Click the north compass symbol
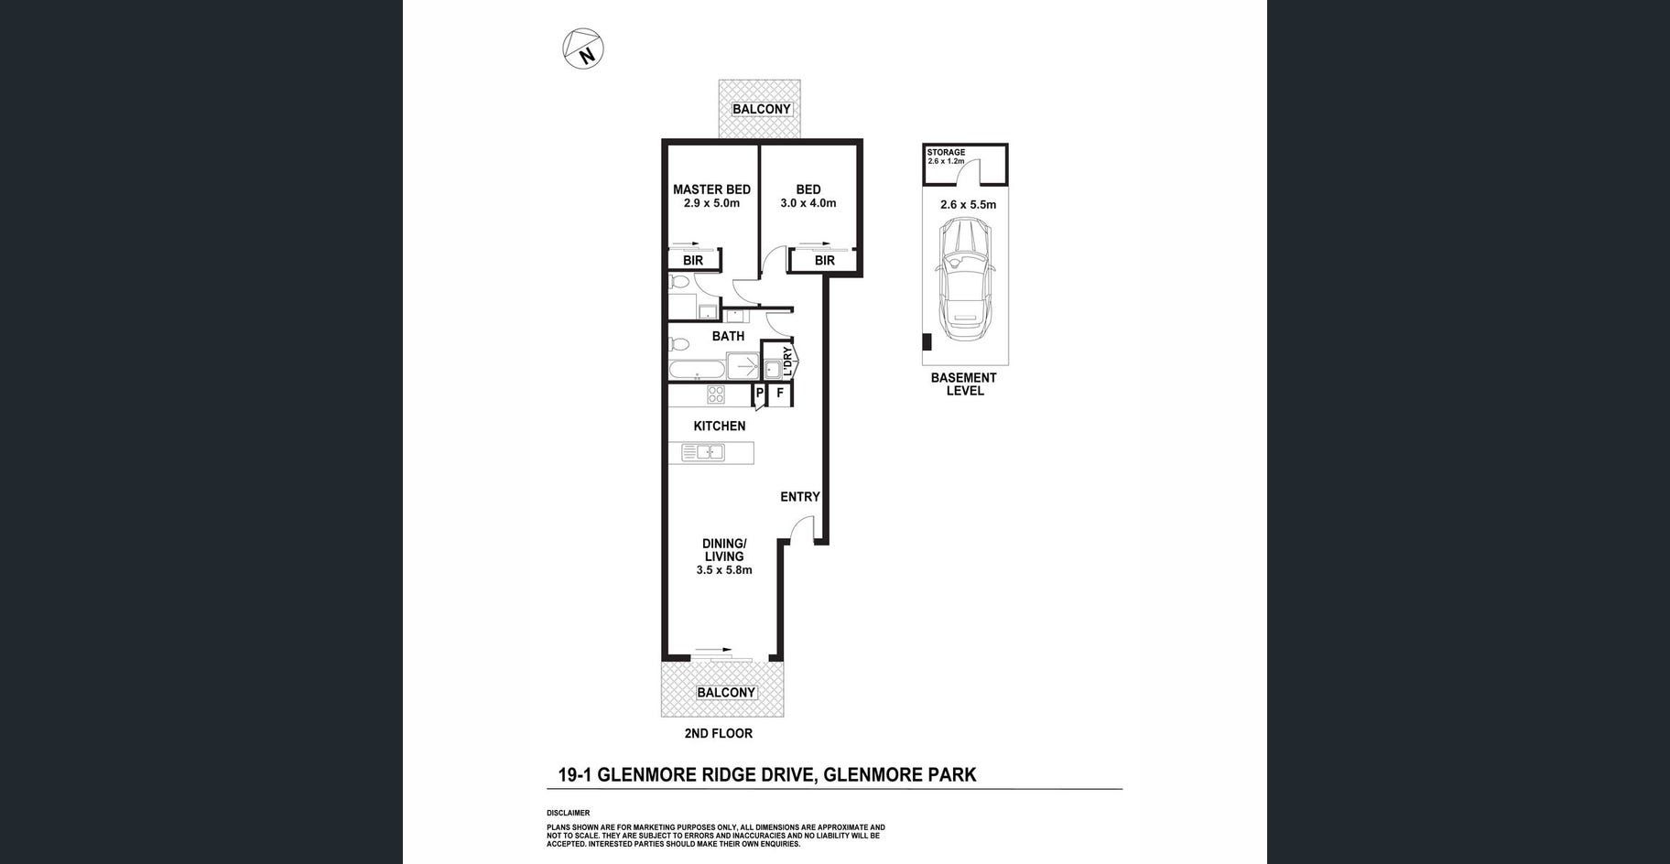coord(583,49)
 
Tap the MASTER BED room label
coord(711,189)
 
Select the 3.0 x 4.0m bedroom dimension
coord(808,203)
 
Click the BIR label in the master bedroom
coord(693,261)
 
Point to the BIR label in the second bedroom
coord(824,261)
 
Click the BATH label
coord(728,336)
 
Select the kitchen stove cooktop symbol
coord(716,394)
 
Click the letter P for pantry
coord(759,394)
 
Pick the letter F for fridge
coord(780,394)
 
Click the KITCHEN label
coord(719,426)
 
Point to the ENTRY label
coord(799,497)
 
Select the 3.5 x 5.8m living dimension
coord(723,570)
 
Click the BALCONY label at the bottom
coord(726,693)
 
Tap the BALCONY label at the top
coord(761,109)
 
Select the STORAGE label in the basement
coord(946,152)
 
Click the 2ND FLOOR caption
coord(718,733)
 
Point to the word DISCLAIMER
coord(568,813)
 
